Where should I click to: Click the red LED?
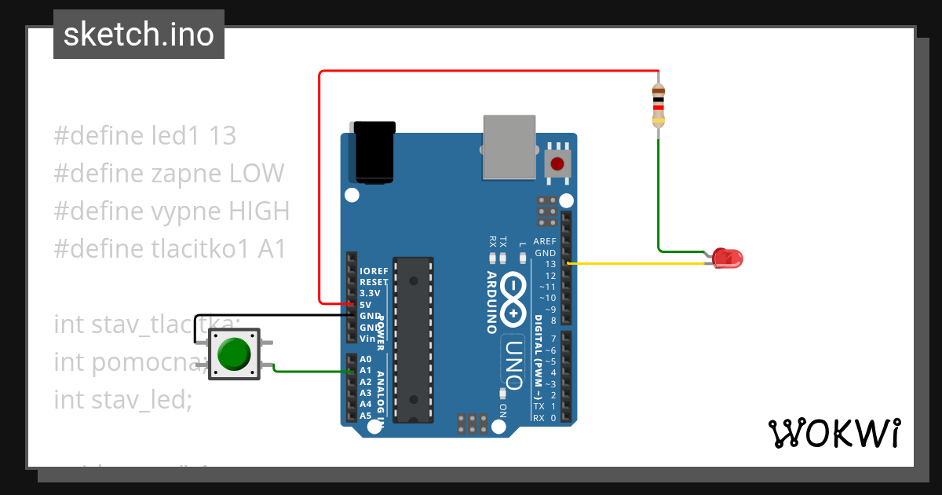point(728,258)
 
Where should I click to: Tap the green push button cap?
point(234,354)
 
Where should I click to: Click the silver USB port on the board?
point(509,146)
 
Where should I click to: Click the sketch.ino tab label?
point(139,35)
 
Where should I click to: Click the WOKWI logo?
point(833,433)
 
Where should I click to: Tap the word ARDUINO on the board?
point(491,302)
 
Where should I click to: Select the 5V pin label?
point(365,304)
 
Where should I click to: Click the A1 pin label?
point(365,370)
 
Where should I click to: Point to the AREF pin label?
point(544,241)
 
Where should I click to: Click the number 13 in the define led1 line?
point(222,136)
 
